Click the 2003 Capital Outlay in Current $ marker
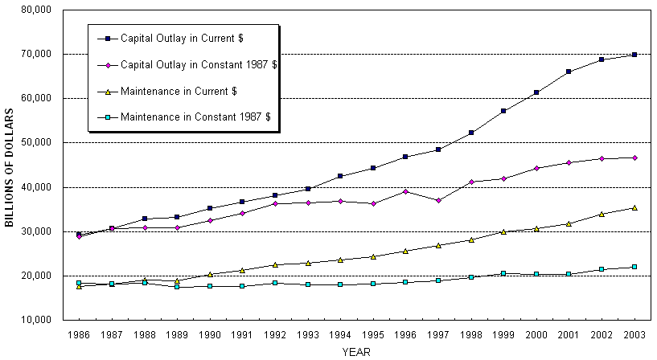click(x=634, y=55)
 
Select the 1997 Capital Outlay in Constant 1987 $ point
click(x=438, y=200)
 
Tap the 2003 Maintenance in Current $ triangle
click(x=634, y=207)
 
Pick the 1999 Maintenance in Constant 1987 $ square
click(x=503, y=273)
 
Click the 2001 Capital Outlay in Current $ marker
click(x=569, y=72)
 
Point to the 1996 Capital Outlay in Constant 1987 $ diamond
click(x=405, y=191)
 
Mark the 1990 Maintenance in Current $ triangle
click(x=209, y=274)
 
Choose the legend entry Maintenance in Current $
click(x=178, y=90)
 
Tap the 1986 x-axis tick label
click(x=79, y=333)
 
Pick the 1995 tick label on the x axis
click(x=373, y=333)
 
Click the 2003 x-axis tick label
click(x=634, y=333)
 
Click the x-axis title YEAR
click(x=355, y=352)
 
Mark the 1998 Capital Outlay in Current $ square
click(x=471, y=133)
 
